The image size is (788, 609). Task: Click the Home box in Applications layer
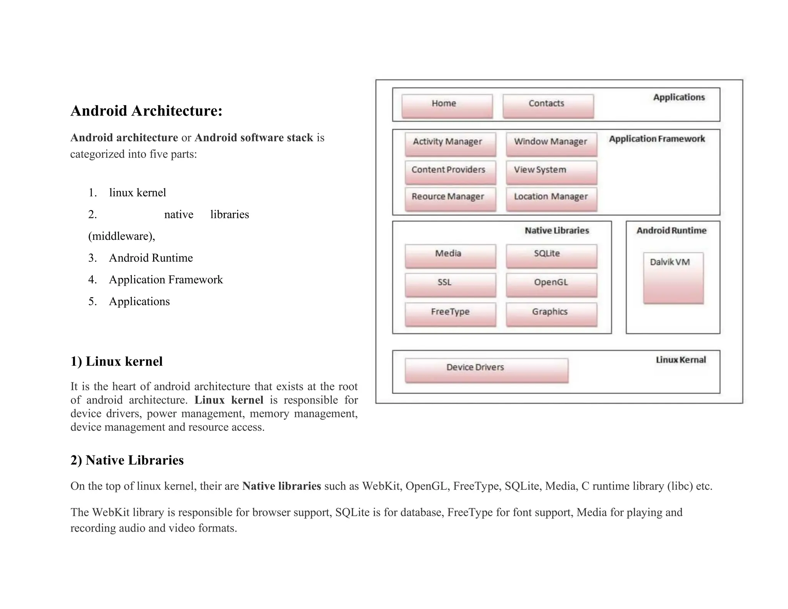pyautogui.click(x=447, y=106)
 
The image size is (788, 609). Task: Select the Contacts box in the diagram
pyautogui.click(x=548, y=106)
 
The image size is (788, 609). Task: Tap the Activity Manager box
pyautogui.click(x=450, y=144)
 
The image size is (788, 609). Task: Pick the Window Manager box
pyautogui.click(x=551, y=144)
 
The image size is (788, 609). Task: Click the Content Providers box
pyautogui.click(x=450, y=172)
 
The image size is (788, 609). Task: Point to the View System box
pyautogui.click(x=551, y=172)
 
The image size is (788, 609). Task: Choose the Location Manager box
pyautogui.click(x=551, y=199)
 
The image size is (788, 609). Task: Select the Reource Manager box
pyautogui.click(x=450, y=199)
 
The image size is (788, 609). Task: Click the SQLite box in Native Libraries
pyautogui.click(x=551, y=256)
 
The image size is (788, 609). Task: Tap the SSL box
pyautogui.click(x=450, y=285)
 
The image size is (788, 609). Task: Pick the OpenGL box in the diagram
pyautogui.click(x=551, y=285)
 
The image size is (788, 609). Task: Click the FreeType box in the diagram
pyautogui.click(x=450, y=314)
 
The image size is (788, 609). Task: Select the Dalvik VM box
pyautogui.click(x=673, y=278)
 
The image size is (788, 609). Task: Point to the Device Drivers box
pyautogui.click(x=486, y=370)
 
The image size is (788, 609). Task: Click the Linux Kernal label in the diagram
pyautogui.click(x=681, y=360)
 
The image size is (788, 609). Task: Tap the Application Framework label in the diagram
pyautogui.click(x=656, y=139)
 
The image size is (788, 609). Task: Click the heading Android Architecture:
pyautogui.click(x=146, y=111)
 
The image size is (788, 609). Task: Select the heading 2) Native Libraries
pyautogui.click(x=127, y=460)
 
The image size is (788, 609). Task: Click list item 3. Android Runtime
pyautogui.click(x=150, y=258)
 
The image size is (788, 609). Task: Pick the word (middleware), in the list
pyautogui.click(x=122, y=236)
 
